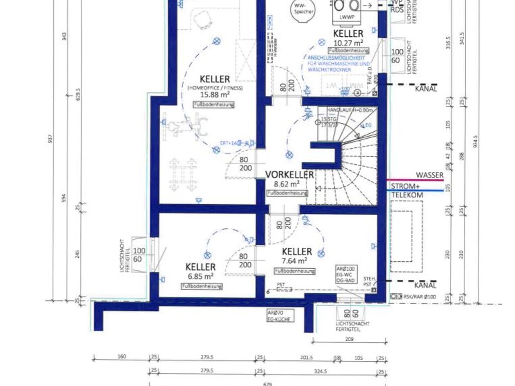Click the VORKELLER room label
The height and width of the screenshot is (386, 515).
coord(290,174)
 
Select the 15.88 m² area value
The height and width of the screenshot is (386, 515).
coord(215,94)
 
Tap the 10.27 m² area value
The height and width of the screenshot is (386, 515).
coord(348,42)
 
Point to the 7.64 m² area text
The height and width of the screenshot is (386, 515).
coord(295,261)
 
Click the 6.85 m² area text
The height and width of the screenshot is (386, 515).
coord(202,276)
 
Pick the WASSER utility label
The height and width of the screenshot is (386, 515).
coord(430,175)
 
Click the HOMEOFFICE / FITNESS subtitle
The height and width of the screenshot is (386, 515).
coord(215,88)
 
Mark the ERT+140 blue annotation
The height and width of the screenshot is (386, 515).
coord(229,143)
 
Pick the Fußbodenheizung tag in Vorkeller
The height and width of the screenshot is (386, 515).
coord(287,193)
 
